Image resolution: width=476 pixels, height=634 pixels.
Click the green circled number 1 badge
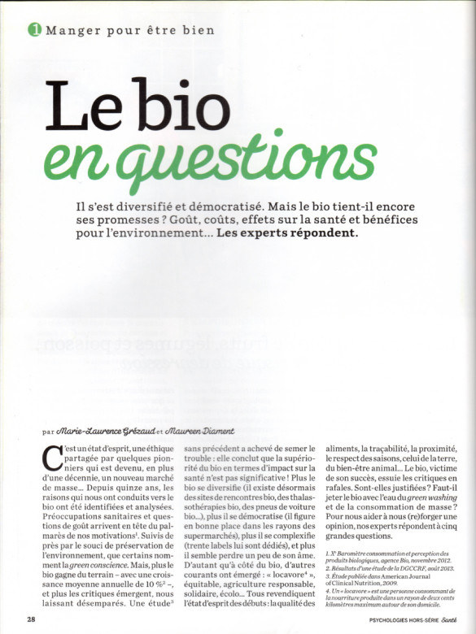(34, 30)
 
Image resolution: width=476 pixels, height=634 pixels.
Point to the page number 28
(30, 619)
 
